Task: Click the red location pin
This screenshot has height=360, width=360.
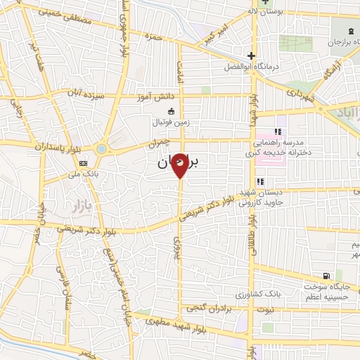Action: (180, 165)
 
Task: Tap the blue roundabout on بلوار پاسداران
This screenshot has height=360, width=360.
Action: (102, 149)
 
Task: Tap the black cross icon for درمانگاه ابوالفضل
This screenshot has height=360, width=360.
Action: (251, 56)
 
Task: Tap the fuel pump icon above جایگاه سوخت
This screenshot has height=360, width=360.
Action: (325, 275)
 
